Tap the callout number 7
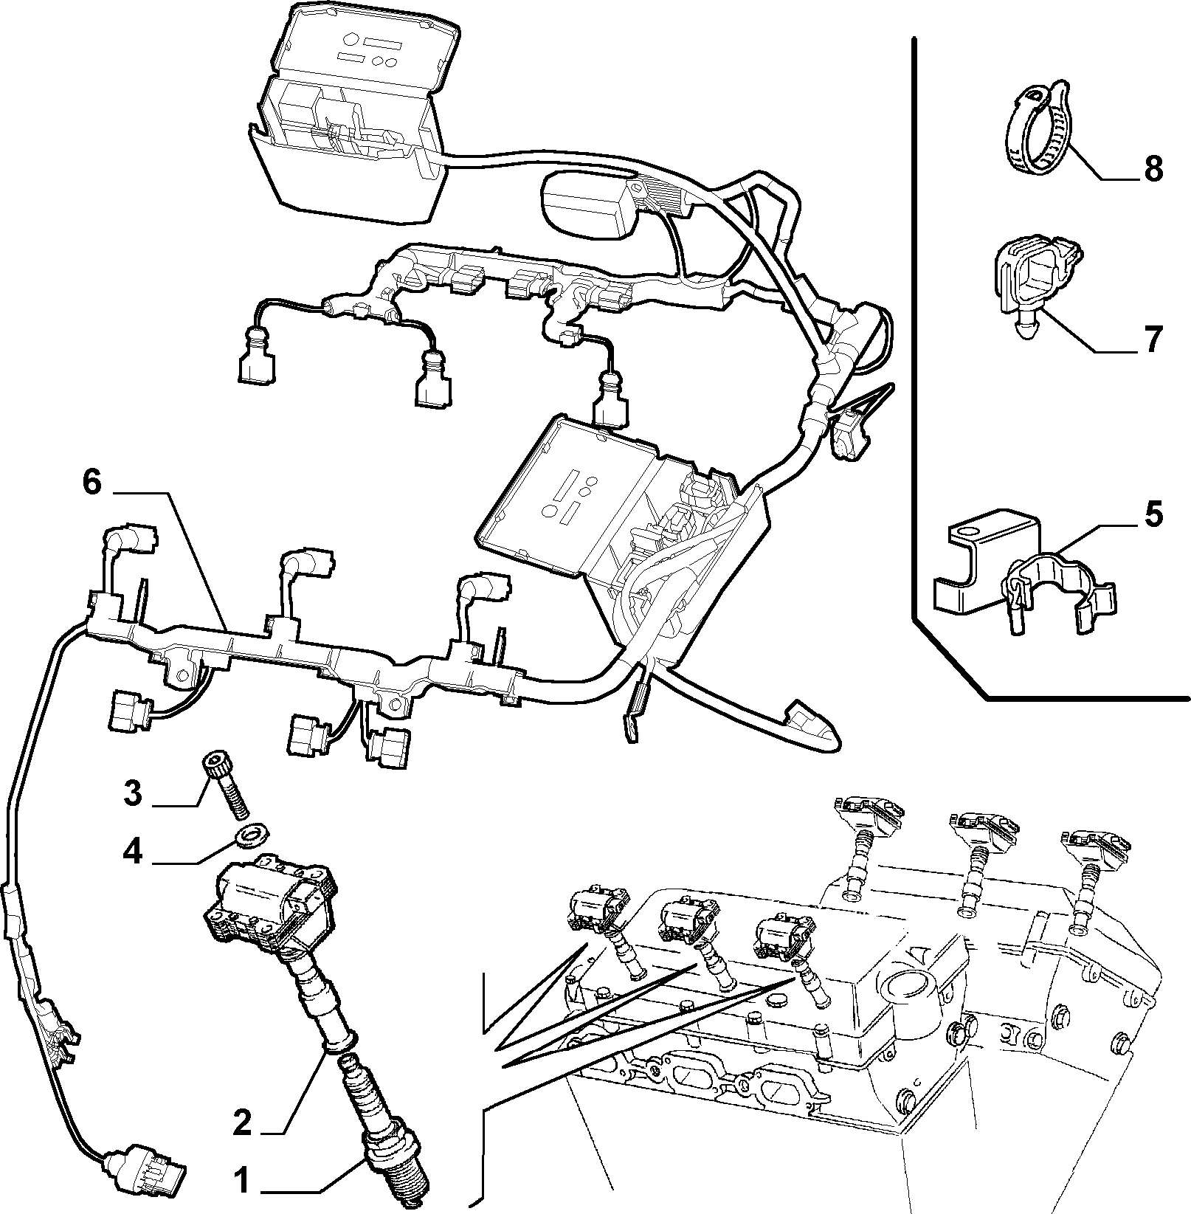[1153, 339]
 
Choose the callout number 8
[1153, 169]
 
